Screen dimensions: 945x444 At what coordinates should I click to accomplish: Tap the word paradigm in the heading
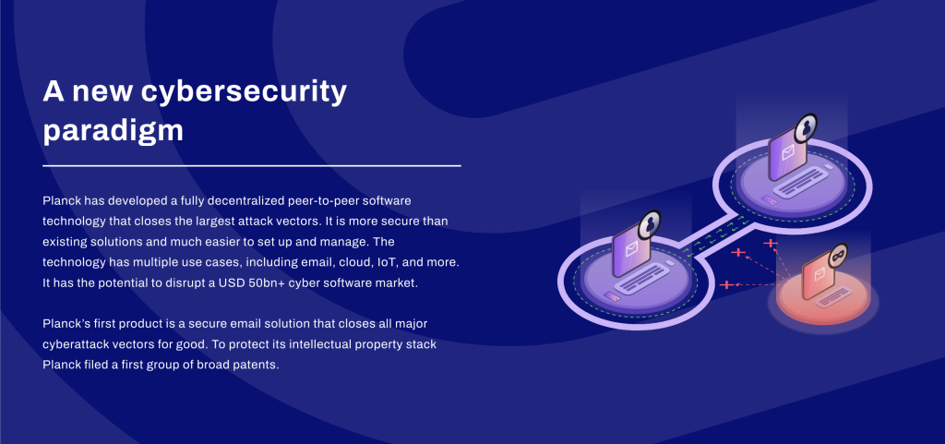(113, 131)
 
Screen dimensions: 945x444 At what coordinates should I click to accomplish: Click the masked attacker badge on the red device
(838, 255)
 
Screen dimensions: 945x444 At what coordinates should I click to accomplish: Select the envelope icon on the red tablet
(819, 275)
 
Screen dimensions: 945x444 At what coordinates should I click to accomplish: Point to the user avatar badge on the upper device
(805, 127)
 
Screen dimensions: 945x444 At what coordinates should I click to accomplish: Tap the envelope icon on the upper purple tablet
(788, 153)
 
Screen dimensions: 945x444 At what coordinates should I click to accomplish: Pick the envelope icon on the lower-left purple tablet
(631, 249)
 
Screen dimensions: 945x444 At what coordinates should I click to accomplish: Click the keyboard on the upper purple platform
(798, 183)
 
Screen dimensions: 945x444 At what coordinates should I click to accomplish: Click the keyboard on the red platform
(833, 294)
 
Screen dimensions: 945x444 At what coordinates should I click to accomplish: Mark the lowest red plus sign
(727, 284)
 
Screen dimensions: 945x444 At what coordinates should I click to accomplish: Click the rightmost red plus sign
(771, 244)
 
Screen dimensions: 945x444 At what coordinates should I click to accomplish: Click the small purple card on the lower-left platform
(612, 296)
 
